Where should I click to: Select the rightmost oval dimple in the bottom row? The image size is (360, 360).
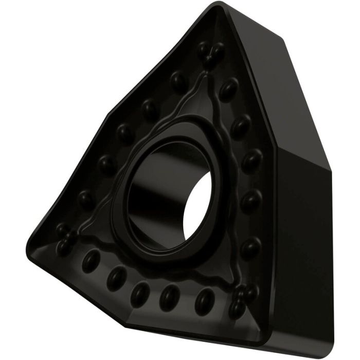206,297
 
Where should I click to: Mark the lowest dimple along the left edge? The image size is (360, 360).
86,198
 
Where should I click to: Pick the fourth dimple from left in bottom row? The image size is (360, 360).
167,295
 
